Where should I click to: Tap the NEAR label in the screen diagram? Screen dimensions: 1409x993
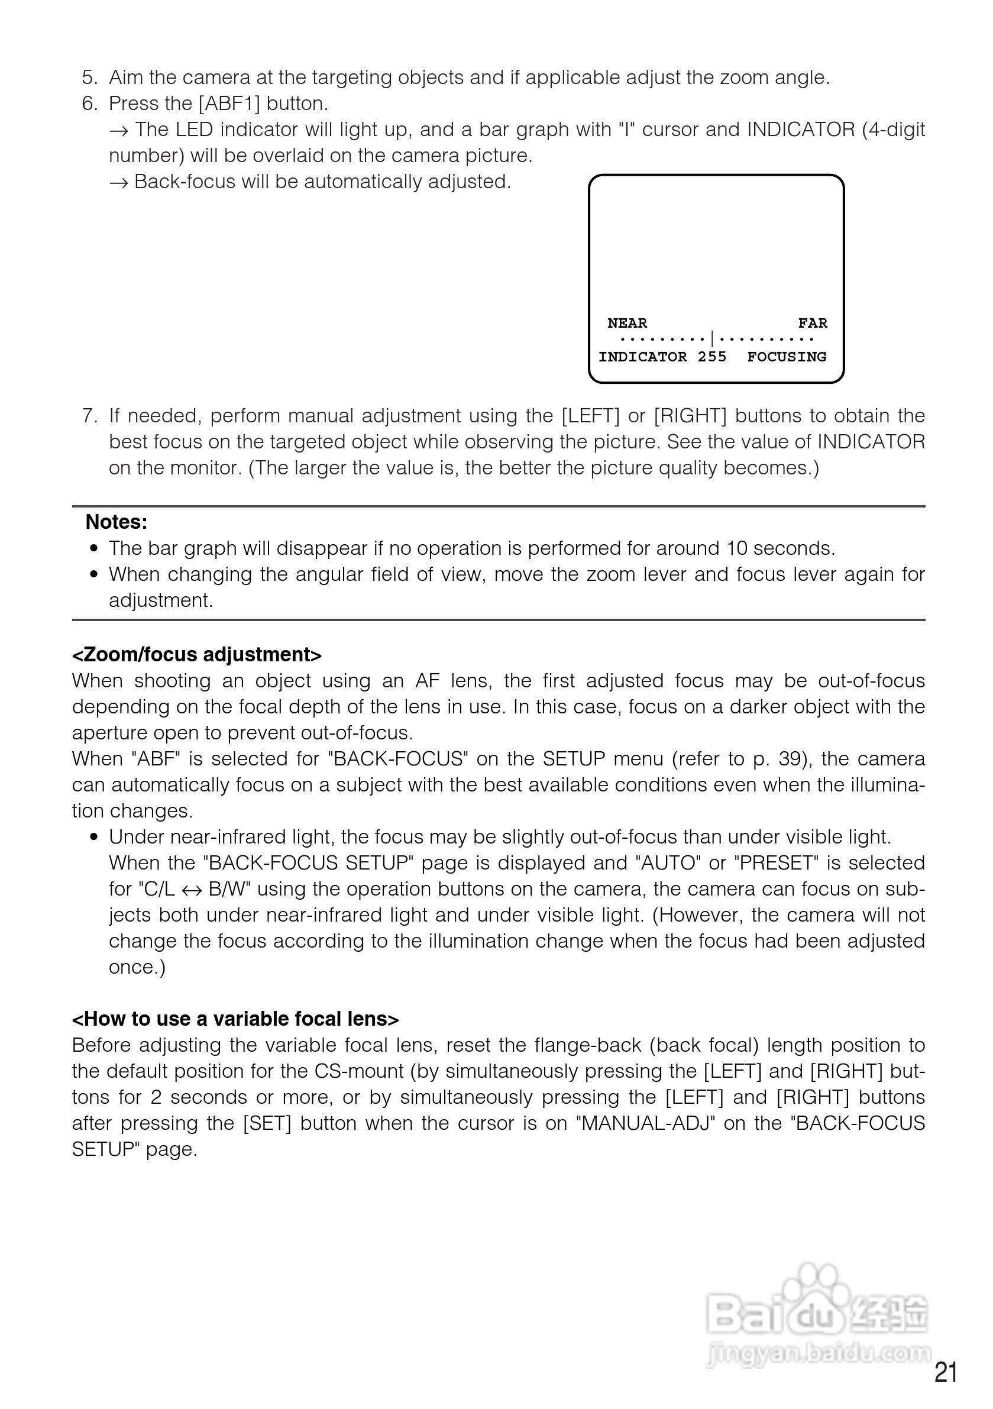click(x=628, y=324)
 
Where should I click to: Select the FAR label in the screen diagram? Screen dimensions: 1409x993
click(x=813, y=324)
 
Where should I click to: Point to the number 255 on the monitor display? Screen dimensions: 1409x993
click(x=712, y=357)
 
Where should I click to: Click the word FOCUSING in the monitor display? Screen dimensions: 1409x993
click(x=787, y=357)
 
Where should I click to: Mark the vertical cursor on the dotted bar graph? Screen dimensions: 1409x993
click(x=712, y=339)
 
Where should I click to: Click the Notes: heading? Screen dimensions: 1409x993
click(x=117, y=522)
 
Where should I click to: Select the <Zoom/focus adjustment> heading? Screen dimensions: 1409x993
click(x=197, y=655)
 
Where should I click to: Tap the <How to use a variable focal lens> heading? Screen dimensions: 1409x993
click(x=235, y=1019)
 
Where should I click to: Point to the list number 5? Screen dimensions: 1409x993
click(x=90, y=78)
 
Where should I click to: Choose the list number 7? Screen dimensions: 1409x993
click(x=90, y=416)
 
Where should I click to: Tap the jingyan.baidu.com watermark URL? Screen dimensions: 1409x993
click(x=819, y=1353)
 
